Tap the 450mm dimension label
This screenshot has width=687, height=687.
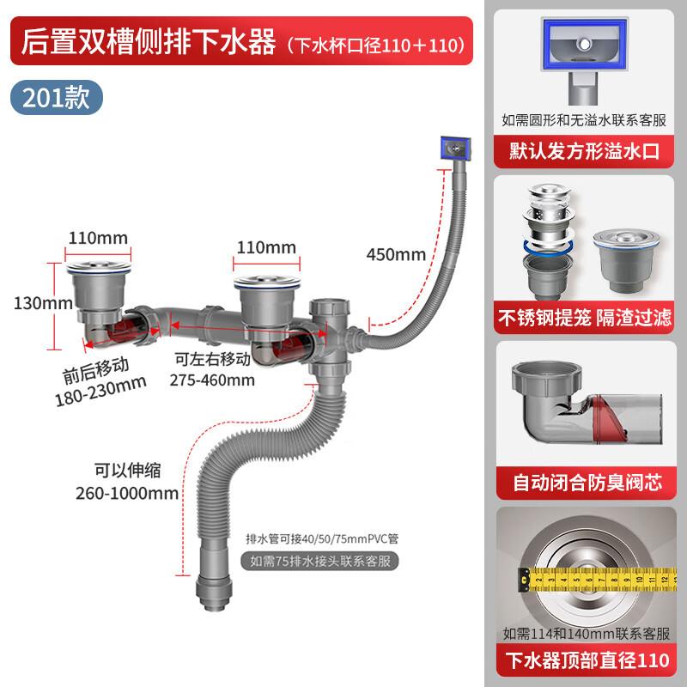(396, 254)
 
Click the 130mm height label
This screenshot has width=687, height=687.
(32, 303)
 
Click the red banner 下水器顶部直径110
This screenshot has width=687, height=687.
(584, 660)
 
